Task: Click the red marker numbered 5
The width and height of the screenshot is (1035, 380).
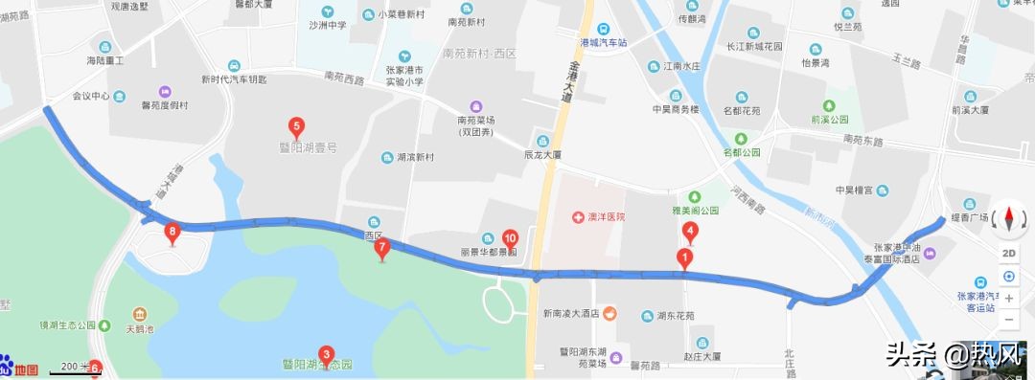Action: tap(296, 125)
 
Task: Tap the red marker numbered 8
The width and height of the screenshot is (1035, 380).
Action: tap(172, 231)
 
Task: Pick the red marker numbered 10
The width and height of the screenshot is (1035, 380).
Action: tap(510, 238)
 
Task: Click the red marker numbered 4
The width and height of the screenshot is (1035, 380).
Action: tap(689, 230)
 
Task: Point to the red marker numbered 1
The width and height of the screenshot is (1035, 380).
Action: tap(684, 257)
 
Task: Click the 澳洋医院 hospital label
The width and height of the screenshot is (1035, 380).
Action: tap(599, 217)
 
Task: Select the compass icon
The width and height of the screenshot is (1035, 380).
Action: tap(1009, 220)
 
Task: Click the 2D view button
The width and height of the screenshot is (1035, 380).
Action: tap(1009, 253)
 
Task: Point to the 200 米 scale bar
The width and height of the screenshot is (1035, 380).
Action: tap(75, 367)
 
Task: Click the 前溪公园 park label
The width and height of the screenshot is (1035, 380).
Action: tap(830, 121)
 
